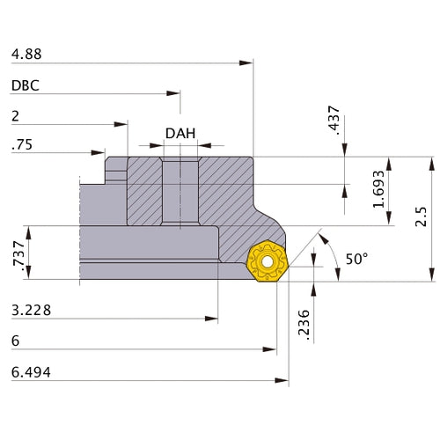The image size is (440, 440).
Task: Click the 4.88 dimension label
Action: (26, 54)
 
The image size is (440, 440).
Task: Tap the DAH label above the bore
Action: (180, 135)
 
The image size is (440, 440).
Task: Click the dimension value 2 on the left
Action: (16, 115)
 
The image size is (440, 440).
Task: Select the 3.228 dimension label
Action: (31, 310)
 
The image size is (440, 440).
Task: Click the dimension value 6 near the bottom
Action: (16, 341)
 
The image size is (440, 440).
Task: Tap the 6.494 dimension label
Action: (31, 372)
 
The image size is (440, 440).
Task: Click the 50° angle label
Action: (356, 260)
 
